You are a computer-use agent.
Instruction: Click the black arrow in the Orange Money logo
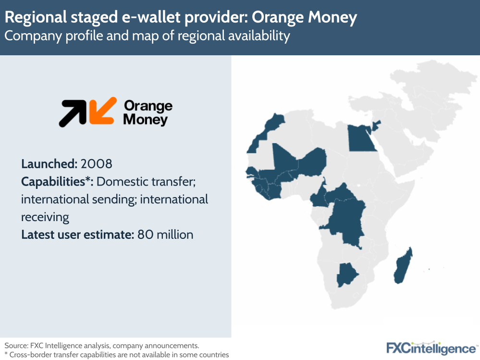72,113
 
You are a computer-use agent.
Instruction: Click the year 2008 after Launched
97,163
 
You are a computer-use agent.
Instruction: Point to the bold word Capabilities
57,182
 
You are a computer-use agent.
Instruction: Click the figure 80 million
165,235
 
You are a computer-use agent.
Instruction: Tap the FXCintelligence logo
431,348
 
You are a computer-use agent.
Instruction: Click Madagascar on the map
402,267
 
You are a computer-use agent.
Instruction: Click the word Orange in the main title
275,18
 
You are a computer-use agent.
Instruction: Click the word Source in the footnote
17,345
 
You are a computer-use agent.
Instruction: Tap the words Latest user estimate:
77,235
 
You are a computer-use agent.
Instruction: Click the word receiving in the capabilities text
45,217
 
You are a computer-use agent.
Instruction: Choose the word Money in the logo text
145,119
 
